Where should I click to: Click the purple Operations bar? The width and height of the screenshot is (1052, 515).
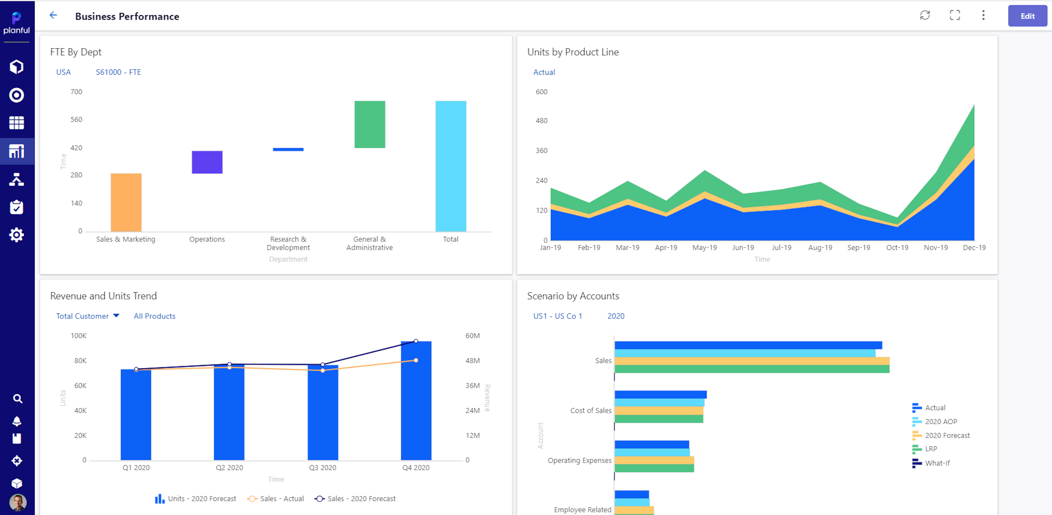click(207, 162)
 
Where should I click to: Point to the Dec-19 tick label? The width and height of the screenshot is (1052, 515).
click(974, 248)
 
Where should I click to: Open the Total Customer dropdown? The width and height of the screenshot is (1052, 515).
click(87, 316)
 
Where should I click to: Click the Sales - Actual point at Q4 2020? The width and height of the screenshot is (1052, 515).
click(416, 360)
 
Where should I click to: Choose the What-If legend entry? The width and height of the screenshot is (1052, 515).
click(937, 463)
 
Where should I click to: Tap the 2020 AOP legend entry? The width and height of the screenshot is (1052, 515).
click(941, 421)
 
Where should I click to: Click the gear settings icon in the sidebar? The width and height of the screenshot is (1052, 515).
click(16, 235)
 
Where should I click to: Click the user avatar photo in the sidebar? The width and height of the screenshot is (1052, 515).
click(17, 502)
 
